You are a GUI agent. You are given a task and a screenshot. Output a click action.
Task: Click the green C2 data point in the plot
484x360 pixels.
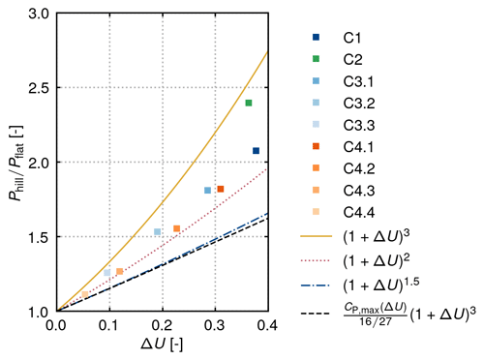pyautogui.click(x=249, y=103)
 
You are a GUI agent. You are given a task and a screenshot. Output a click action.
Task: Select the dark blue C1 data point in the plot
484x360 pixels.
pyautogui.click(x=256, y=151)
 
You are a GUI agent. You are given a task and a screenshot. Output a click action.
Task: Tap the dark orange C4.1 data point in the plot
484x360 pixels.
pyautogui.click(x=221, y=189)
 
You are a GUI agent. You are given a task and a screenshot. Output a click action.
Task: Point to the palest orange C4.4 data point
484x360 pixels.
pyautogui.click(x=85, y=294)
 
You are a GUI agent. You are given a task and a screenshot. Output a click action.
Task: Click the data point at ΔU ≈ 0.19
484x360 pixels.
pyautogui.click(x=157, y=231)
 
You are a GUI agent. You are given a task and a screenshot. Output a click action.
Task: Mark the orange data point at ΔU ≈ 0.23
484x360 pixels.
pyautogui.click(x=176, y=228)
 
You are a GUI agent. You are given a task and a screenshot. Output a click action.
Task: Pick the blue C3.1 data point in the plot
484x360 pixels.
pyautogui.click(x=207, y=191)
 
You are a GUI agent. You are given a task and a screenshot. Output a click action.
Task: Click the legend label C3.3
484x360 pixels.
pyautogui.click(x=359, y=125)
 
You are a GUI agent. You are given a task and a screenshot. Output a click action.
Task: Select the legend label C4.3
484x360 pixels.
pyautogui.click(x=359, y=191)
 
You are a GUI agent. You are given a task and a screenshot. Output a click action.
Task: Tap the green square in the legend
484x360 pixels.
pyautogui.click(x=316, y=59)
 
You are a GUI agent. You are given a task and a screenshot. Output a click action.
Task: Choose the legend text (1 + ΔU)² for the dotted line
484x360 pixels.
pyautogui.click(x=377, y=260)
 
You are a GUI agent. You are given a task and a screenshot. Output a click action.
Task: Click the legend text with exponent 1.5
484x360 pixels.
pyautogui.click(x=381, y=285)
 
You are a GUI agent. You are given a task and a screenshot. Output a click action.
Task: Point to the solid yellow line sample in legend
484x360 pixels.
pyautogui.click(x=316, y=236)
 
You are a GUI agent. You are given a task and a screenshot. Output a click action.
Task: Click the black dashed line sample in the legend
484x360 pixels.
pyautogui.click(x=316, y=314)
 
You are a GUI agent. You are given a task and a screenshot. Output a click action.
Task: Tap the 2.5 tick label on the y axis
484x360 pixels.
pyautogui.click(x=39, y=88)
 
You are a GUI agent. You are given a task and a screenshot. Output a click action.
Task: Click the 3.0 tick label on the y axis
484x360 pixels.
pyautogui.click(x=39, y=15)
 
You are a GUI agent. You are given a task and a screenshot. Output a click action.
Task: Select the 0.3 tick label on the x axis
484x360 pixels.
pyautogui.click(x=215, y=325)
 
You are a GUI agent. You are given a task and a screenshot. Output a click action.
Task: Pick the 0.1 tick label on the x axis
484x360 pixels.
pyautogui.click(x=109, y=325)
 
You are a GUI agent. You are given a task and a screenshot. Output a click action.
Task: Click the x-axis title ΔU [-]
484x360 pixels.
pyautogui.click(x=163, y=345)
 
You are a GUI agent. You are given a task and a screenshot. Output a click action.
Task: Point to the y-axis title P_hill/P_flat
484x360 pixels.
pyautogui.click(x=16, y=163)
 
